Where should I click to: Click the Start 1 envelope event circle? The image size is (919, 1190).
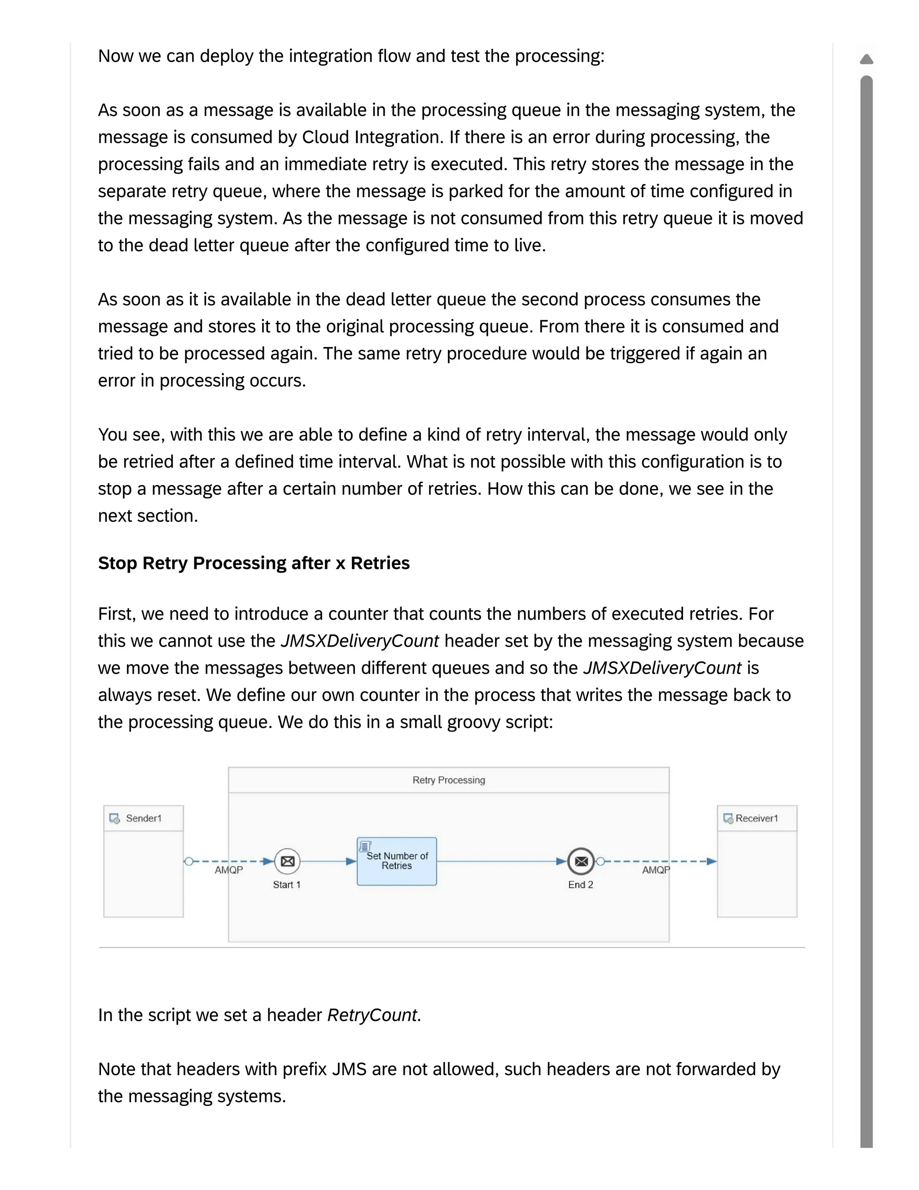287,861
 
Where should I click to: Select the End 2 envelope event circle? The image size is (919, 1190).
581,861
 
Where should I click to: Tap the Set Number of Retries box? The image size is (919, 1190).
397,861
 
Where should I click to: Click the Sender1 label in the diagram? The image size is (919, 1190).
144,818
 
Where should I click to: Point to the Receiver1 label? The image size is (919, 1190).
757,818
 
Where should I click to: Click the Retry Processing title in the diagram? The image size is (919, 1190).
449,780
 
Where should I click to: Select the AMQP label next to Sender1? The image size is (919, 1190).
229,870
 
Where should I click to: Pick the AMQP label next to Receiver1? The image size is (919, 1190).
656,870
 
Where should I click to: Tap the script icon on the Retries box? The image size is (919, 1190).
365,846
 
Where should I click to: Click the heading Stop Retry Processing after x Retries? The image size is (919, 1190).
254,563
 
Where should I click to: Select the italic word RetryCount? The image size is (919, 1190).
372,1015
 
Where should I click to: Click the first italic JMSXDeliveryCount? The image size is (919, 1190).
359,641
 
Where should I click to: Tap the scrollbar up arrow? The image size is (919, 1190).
866,59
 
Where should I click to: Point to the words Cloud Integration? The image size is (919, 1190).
370,137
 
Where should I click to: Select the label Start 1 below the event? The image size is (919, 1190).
286,885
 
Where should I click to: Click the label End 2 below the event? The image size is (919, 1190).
580,885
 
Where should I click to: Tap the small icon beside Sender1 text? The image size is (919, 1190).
114,818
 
